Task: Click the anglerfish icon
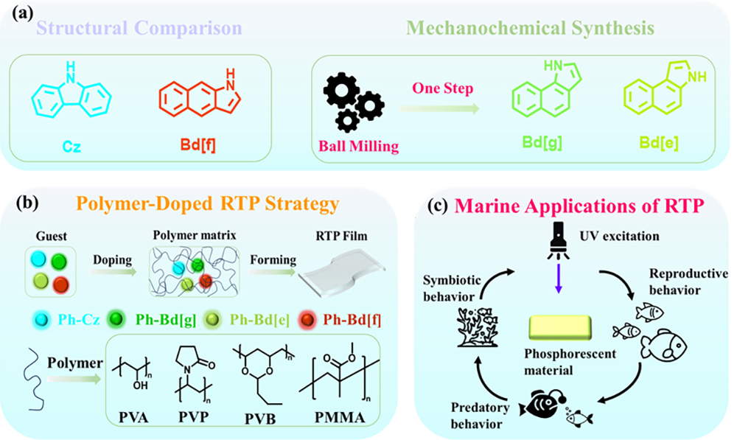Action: [x=544, y=402]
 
